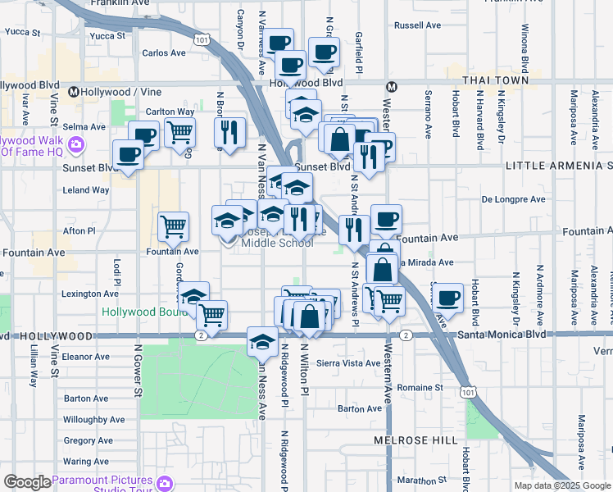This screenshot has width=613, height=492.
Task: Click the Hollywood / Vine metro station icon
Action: tap(73, 91)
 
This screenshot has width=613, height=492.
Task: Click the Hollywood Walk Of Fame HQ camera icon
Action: tap(77, 146)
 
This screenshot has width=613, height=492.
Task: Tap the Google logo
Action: tap(26, 482)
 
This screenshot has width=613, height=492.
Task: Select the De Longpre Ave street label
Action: tap(513, 199)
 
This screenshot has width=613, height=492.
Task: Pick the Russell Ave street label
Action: tap(418, 25)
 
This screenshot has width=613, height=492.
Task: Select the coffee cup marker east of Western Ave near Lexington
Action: tap(448, 298)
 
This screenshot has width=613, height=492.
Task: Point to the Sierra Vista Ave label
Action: tap(348, 362)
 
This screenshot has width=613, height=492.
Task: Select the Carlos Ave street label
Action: tap(164, 53)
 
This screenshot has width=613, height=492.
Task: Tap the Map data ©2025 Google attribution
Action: tap(562, 485)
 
